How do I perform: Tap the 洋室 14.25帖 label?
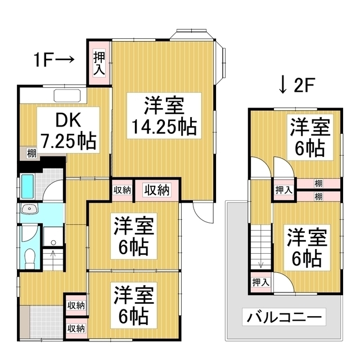pyautogui.click(x=164, y=116)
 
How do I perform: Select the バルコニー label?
pyautogui.click(x=284, y=317)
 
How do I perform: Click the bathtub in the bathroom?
pyautogui.click(x=28, y=186)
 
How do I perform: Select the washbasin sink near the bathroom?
pyautogui.click(x=29, y=209)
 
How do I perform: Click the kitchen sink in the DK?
pyautogui.click(x=67, y=96)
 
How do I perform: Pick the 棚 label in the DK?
pyautogui.click(x=31, y=154)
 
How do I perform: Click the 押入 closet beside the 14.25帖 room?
pyautogui.click(x=99, y=63)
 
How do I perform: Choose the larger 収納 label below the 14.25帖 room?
pyautogui.click(x=157, y=190)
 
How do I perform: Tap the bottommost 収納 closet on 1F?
pyautogui.click(x=76, y=328)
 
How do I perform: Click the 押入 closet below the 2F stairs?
pyautogui.click(x=261, y=282)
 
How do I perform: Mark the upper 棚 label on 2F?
pyautogui.click(x=318, y=183)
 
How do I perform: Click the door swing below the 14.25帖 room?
pyautogui.click(x=203, y=213)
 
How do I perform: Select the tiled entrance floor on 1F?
pyautogui.click(x=47, y=322)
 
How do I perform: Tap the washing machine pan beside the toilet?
pyautogui.click(x=53, y=237)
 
